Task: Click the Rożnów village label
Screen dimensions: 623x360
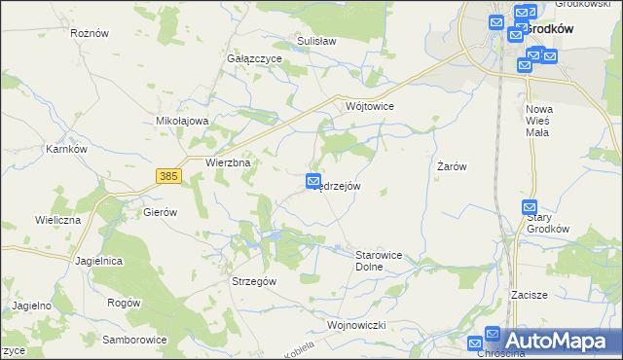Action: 90,32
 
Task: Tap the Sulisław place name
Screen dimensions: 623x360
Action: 315,42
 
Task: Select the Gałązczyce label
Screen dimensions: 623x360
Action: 254,58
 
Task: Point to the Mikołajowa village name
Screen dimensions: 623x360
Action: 183,121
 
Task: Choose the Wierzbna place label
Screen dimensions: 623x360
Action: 229,163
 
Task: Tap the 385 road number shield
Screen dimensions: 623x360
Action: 168,176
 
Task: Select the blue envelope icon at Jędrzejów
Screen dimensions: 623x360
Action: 313,180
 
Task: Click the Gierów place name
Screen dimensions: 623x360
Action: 160,211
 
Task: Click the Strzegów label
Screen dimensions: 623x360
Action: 254,280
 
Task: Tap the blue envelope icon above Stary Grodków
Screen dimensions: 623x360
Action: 530,207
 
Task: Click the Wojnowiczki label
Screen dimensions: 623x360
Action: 358,324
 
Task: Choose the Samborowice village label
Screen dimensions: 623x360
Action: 135,340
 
